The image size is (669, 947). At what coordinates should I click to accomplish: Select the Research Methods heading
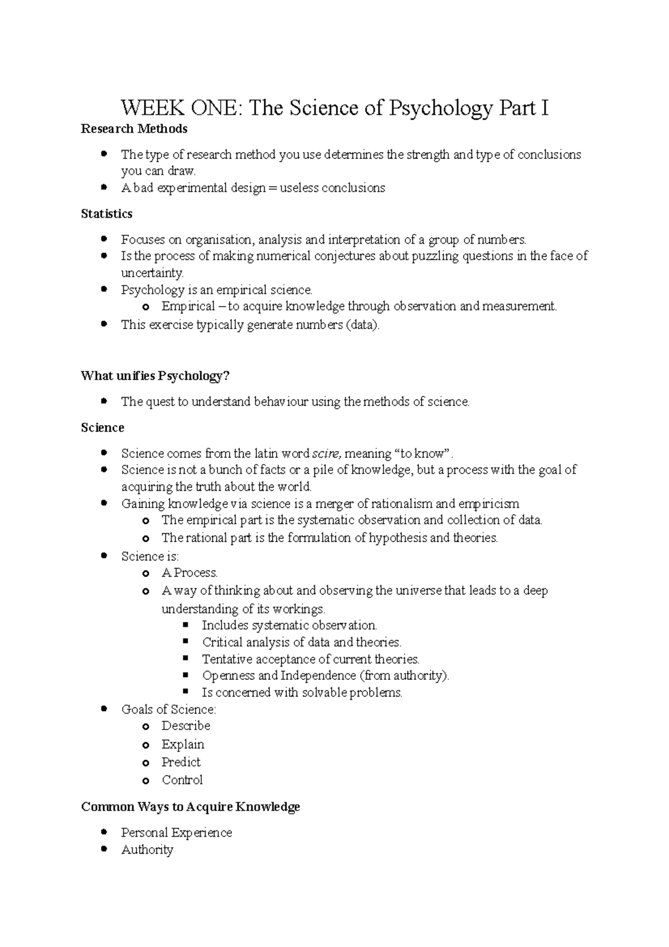134,129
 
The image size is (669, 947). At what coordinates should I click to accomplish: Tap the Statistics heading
106,214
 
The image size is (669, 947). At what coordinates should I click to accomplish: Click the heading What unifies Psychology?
155,376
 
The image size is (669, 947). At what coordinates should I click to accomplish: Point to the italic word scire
326,453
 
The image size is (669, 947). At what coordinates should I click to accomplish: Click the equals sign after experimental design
273,189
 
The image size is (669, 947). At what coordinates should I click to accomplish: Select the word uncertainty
152,273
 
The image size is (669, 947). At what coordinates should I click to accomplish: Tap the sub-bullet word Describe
186,726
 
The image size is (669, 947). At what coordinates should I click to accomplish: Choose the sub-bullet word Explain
183,745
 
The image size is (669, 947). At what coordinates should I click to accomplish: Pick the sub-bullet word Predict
181,762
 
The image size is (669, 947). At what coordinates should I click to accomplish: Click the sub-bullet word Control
182,780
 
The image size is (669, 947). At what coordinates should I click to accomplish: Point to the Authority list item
147,850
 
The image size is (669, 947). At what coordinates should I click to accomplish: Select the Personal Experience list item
176,833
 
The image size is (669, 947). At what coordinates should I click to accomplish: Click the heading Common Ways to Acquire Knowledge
190,807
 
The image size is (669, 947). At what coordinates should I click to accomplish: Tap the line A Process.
190,573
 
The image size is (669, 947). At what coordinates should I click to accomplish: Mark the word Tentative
227,659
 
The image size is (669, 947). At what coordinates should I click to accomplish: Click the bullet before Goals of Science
104,709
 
